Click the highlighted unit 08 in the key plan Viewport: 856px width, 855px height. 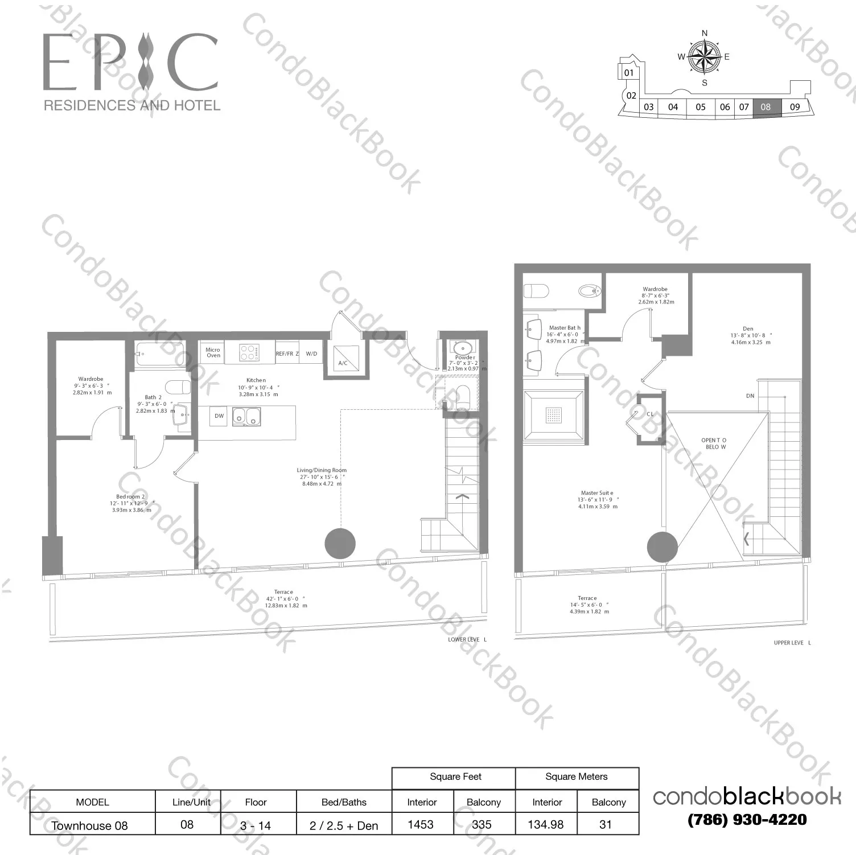(766, 107)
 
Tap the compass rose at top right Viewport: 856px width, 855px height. (704, 57)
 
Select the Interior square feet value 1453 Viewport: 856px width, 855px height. (421, 824)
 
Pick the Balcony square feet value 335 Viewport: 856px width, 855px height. (481, 824)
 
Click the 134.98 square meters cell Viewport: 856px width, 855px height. (546, 824)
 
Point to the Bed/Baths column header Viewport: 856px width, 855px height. (344, 802)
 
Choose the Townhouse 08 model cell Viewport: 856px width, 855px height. (90, 825)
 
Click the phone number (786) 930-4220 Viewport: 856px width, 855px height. (747, 820)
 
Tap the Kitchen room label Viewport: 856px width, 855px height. (256, 380)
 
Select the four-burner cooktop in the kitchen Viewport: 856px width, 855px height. (249, 352)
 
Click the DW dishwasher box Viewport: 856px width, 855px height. (219, 416)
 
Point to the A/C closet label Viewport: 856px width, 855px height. (343, 363)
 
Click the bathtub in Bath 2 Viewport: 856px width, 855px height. (159, 354)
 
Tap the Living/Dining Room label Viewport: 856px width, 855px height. (322, 470)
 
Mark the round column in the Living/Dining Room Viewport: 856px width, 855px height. (340, 543)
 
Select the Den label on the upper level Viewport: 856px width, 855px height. (748, 329)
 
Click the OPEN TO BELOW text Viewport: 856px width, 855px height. (714, 443)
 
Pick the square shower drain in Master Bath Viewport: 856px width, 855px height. (553, 414)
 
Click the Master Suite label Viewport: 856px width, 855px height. (597, 493)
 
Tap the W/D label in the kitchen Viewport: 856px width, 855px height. (311, 353)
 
